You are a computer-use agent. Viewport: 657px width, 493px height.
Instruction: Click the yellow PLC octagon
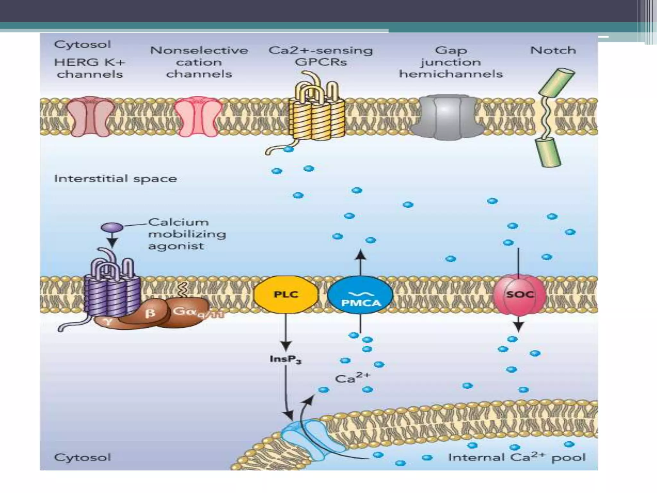[286, 294]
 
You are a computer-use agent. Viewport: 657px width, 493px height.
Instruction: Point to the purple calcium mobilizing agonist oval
[112, 228]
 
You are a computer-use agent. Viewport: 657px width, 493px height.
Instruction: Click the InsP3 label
[285, 359]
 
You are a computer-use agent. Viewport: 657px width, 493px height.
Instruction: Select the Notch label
[553, 50]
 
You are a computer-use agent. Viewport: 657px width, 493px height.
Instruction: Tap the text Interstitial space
[115, 179]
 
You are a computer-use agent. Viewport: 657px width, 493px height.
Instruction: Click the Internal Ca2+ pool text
[516, 457]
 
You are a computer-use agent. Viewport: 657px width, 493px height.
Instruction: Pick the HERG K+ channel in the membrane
[90, 117]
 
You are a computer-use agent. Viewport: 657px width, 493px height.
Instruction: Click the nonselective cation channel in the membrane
[199, 117]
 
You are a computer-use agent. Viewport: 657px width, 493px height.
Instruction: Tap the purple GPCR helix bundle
[112, 292]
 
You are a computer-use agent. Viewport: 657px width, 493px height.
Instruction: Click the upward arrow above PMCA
[361, 262]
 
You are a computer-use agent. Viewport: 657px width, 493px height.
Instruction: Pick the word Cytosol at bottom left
[82, 457]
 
